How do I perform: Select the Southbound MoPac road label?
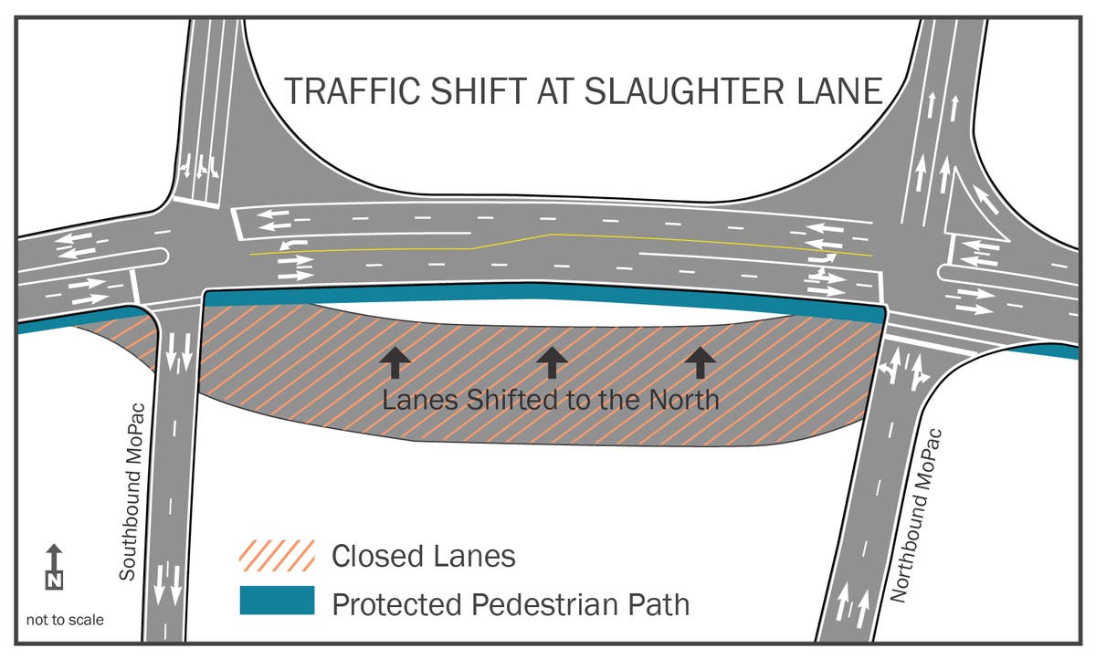(x=132, y=492)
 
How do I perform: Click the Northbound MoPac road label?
(x=915, y=516)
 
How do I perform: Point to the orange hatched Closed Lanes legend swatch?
(x=277, y=556)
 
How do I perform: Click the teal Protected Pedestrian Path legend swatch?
(x=277, y=601)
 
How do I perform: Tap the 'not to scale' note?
(x=65, y=620)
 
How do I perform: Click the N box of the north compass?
(x=54, y=581)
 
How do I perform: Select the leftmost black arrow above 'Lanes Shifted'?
(x=395, y=362)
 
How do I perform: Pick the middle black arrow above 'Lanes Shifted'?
(x=552, y=362)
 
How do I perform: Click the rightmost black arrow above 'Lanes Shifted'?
(x=701, y=362)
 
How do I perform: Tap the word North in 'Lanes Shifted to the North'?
(x=684, y=400)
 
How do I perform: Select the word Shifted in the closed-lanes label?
(x=511, y=400)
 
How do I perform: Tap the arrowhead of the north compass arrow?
(x=54, y=549)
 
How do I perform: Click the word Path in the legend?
(x=659, y=605)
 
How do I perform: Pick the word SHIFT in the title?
(x=479, y=91)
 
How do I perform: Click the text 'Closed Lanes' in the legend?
(x=424, y=557)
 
